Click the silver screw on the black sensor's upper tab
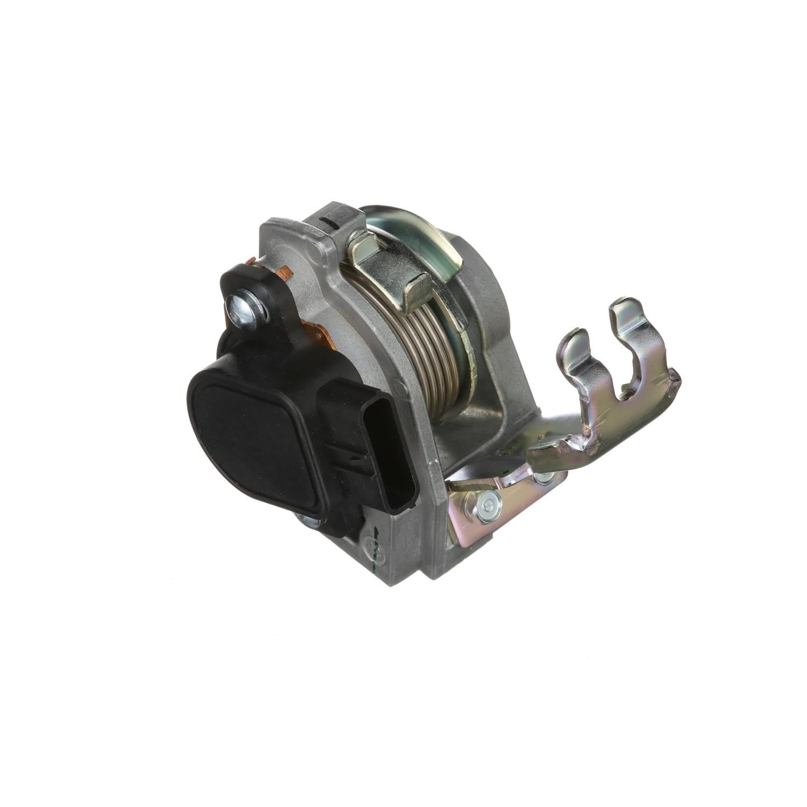click(244, 312)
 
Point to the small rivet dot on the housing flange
click(398, 385)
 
